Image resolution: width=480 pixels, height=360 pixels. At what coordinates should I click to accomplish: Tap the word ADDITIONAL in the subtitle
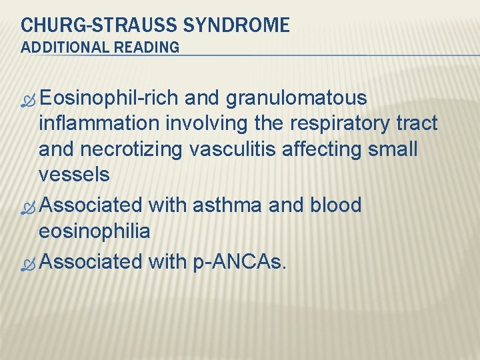pyautogui.click(x=63, y=47)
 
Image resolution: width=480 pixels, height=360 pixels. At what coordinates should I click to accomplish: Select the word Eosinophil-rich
pyautogui.click(x=109, y=98)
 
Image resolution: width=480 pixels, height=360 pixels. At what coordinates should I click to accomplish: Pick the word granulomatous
pyautogui.click(x=297, y=98)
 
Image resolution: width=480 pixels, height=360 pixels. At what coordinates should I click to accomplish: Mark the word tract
pyautogui.click(x=419, y=123)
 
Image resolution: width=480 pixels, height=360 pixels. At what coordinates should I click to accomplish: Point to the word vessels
pyautogui.click(x=74, y=175)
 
